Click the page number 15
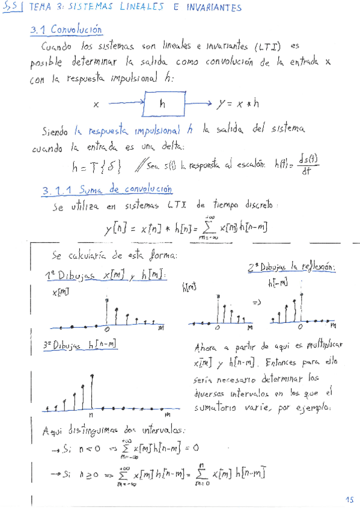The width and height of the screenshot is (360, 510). point(350,500)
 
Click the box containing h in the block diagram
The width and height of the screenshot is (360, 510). point(162,103)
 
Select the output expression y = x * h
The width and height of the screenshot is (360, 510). point(239,103)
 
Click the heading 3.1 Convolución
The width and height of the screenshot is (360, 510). point(66,29)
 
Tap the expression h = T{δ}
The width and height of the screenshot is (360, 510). point(97,165)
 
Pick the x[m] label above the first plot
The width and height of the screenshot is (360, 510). point(61,292)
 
